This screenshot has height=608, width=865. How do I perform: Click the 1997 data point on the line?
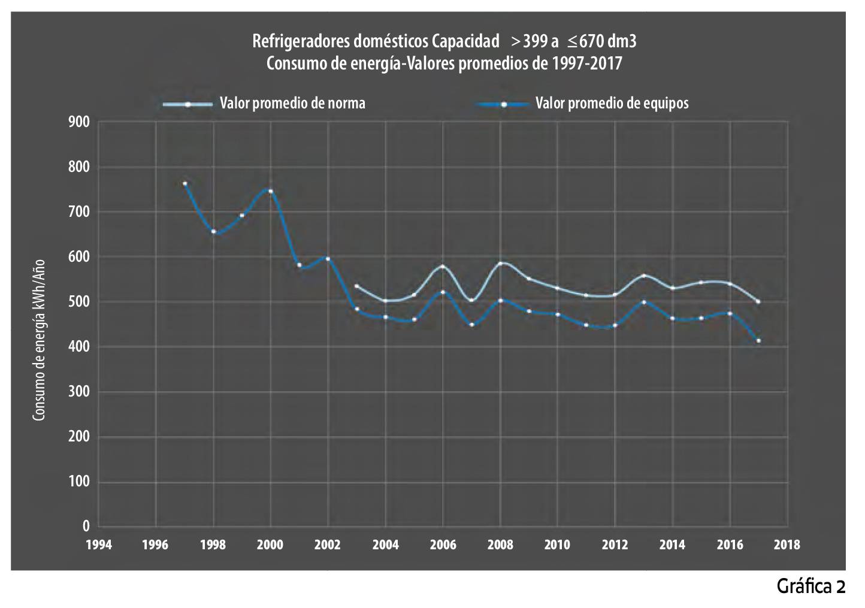tap(185, 184)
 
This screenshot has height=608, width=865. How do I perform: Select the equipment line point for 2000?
tap(271, 192)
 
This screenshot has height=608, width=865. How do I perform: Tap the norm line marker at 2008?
tap(500, 263)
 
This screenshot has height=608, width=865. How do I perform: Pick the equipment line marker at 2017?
tap(758, 341)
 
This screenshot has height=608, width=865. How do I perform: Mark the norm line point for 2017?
tap(758, 302)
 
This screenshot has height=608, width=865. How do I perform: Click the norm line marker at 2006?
tap(443, 266)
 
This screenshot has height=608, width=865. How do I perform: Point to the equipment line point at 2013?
tap(644, 302)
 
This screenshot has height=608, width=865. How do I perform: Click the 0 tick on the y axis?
tap(86, 527)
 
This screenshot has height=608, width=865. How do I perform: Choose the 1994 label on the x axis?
tap(98, 545)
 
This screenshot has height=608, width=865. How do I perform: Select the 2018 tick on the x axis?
tap(787, 545)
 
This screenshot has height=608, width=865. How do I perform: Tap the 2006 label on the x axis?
tap(443, 545)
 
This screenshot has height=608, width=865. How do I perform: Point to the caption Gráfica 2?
tap(810, 586)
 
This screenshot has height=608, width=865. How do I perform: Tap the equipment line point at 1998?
tap(213, 232)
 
